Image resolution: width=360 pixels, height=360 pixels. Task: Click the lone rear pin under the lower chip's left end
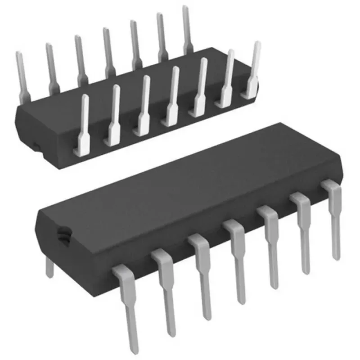(x=49, y=268)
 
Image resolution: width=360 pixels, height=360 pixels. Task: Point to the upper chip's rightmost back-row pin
(x=188, y=27)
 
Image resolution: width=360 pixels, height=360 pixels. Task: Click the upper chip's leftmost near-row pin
(x=84, y=121)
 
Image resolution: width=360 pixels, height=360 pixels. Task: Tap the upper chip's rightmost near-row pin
(x=254, y=67)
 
